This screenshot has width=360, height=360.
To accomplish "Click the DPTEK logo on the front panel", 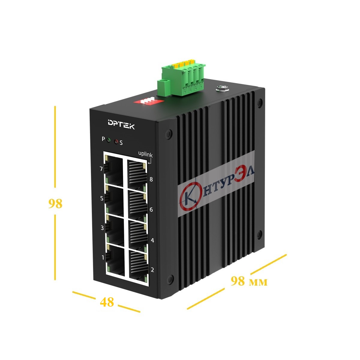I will pos(121,124).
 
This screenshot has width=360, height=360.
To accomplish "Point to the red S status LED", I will pos(116,142).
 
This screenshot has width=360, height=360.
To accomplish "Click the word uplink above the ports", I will pos(145,155).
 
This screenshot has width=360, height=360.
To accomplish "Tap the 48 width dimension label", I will pos(107,302).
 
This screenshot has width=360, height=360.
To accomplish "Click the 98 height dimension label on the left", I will pos(55,204).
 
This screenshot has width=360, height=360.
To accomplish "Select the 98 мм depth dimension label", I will pos(249,281).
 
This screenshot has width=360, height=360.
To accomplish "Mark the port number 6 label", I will pos(151,210).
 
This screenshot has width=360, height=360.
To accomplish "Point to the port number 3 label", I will pos(102,228).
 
